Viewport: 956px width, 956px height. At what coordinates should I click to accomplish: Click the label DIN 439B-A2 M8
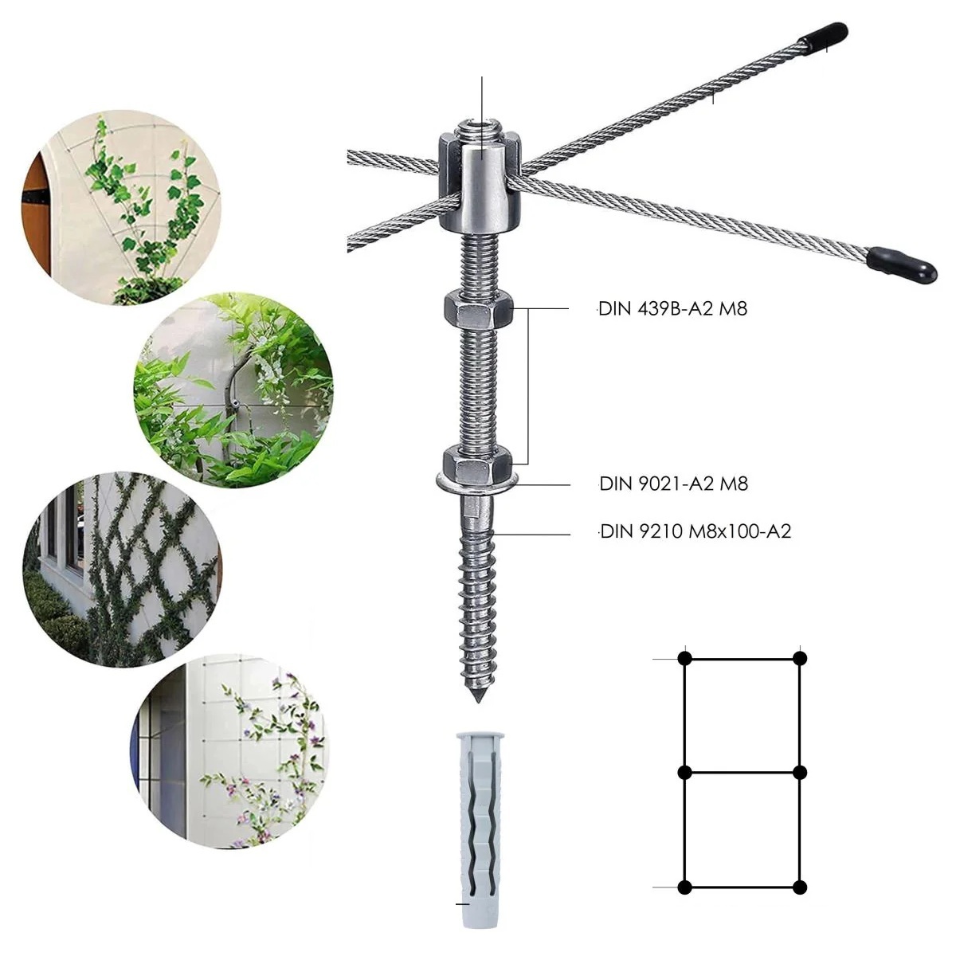672,309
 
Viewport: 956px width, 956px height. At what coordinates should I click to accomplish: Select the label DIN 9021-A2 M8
673,484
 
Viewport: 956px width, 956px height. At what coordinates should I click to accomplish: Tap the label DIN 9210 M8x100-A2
695,531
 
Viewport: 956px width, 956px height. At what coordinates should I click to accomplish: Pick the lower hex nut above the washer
479,461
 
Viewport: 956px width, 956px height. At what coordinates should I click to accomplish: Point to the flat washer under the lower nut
478,482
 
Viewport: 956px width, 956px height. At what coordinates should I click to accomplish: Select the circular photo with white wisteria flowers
233,390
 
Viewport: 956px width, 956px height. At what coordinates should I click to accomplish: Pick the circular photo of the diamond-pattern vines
122,570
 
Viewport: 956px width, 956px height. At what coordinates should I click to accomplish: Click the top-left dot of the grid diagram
685,658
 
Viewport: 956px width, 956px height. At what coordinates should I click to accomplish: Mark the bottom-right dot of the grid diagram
800,887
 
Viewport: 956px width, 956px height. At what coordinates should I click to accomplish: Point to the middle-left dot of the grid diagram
684,773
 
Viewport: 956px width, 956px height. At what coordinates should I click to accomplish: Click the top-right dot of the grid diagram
800,658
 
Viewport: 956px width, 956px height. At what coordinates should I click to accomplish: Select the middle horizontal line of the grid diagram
742,773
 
